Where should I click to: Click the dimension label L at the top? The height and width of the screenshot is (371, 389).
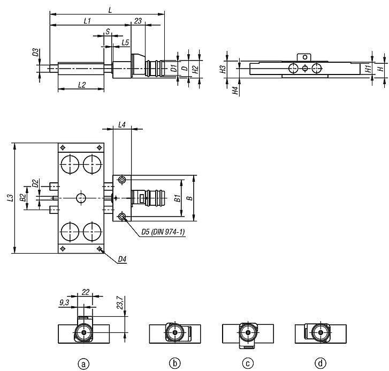[x=110, y=10]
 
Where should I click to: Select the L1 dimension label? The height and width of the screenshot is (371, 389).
[x=87, y=21]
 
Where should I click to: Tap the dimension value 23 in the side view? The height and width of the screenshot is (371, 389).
[x=138, y=21]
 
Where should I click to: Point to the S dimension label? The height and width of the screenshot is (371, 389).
[x=108, y=32]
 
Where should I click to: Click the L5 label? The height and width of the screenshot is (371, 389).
[x=126, y=42]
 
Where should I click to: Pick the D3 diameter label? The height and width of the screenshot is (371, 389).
[x=36, y=52]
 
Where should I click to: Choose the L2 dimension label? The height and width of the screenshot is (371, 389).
[x=82, y=85]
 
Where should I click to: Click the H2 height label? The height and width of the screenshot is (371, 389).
[x=196, y=69]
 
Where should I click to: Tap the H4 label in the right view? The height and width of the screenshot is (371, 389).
[x=235, y=91]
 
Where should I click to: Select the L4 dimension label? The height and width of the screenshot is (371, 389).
[x=122, y=125]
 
